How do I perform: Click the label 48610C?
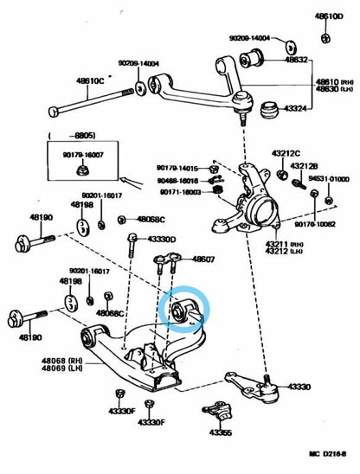coord(91,80)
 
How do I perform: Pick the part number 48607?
coord(204,257)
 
